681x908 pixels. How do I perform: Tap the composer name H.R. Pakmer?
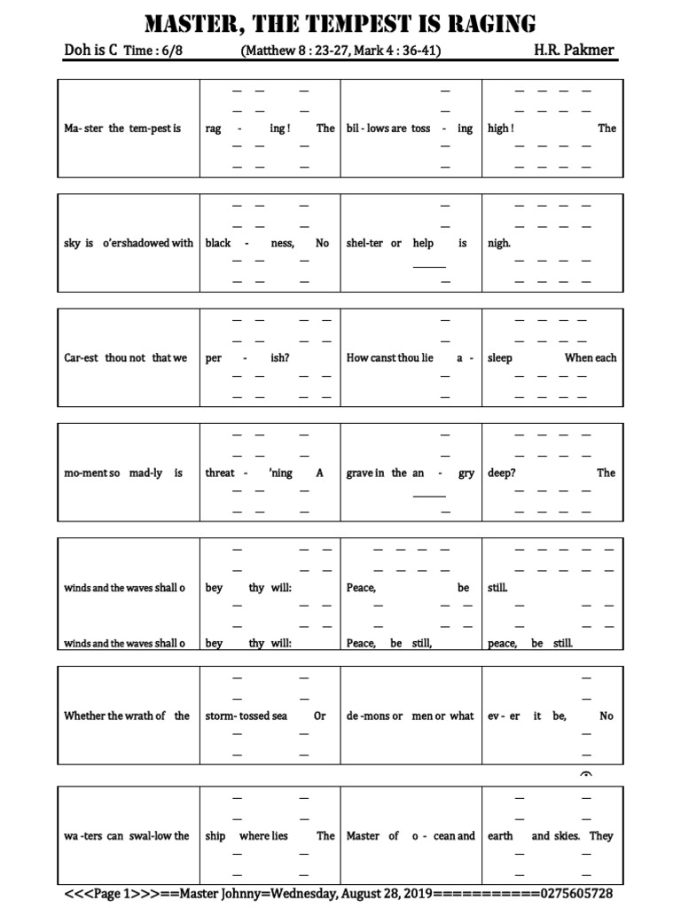575,51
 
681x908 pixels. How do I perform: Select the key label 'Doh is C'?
90,51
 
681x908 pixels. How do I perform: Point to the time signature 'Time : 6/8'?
153,51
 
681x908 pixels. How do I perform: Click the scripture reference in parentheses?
340,51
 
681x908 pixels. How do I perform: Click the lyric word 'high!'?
501,129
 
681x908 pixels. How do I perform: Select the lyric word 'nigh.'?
499,243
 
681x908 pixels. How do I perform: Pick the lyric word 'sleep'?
500,358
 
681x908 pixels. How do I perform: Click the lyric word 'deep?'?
502,474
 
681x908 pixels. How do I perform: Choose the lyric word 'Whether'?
84,716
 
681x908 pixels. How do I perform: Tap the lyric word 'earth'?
500,836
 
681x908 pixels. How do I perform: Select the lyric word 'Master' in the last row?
363,836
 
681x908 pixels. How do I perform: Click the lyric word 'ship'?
215,836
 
